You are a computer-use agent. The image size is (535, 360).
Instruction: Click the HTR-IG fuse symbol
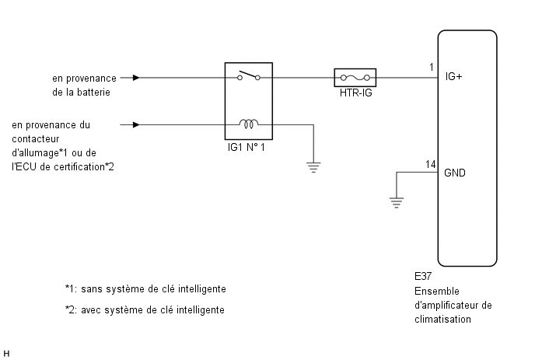[x=355, y=78]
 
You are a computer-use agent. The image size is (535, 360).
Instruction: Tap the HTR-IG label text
[x=355, y=96]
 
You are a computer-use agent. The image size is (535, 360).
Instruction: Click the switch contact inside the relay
[x=250, y=76]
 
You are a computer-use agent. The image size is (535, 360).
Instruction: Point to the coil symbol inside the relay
[x=250, y=123]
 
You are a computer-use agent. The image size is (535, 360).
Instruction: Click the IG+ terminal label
[x=455, y=78]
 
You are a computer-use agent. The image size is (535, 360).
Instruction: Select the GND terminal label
[x=455, y=173]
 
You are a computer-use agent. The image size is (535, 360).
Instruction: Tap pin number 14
[x=431, y=164]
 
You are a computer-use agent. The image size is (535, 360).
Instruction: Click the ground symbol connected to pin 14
[x=397, y=202]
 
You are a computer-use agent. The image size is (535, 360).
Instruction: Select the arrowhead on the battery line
[x=137, y=78]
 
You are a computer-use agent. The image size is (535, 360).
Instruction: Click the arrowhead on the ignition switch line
[x=137, y=124]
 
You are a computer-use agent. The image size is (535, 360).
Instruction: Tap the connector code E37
[x=424, y=276]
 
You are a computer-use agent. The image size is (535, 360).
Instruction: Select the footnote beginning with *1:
[x=145, y=288]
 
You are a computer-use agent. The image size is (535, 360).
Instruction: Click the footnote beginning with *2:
[x=145, y=310]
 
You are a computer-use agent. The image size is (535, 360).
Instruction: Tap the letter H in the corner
[x=7, y=354]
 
